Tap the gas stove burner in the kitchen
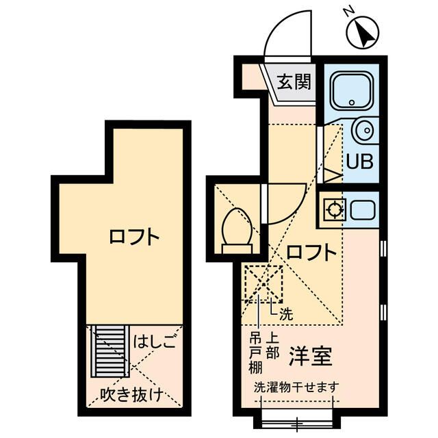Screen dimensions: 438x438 click(x=335, y=209)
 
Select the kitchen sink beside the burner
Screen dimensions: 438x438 click(x=363, y=209)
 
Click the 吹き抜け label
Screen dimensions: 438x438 click(x=131, y=394)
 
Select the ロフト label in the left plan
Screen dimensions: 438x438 click(x=135, y=238)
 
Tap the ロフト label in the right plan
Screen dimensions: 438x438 click(x=311, y=251)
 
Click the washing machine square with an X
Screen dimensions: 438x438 click(x=264, y=282)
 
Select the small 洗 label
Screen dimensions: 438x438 click(x=286, y=315)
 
